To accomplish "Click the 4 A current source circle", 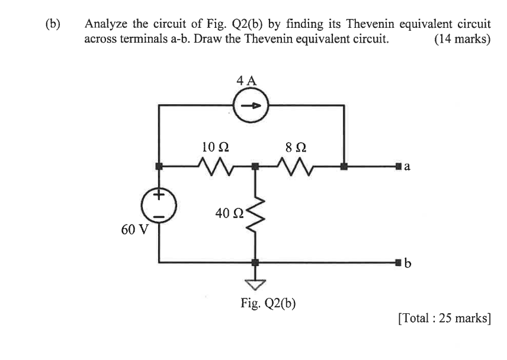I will tap(251, 107).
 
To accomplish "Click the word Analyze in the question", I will tap(105, 25).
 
